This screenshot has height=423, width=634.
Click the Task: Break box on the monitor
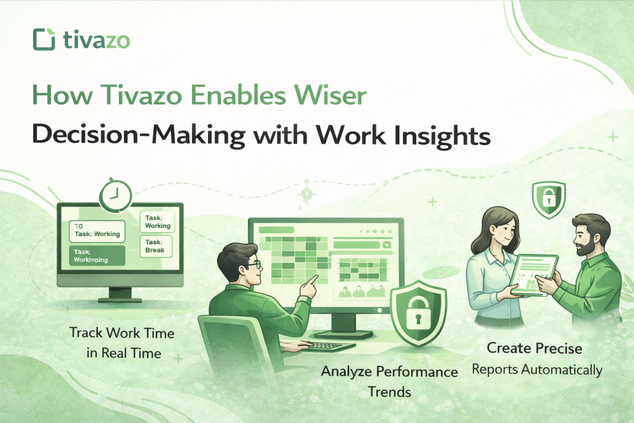[x=154, y=246]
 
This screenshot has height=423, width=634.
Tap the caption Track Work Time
[x=121, y=333]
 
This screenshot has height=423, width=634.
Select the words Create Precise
[x=535, y=348]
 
